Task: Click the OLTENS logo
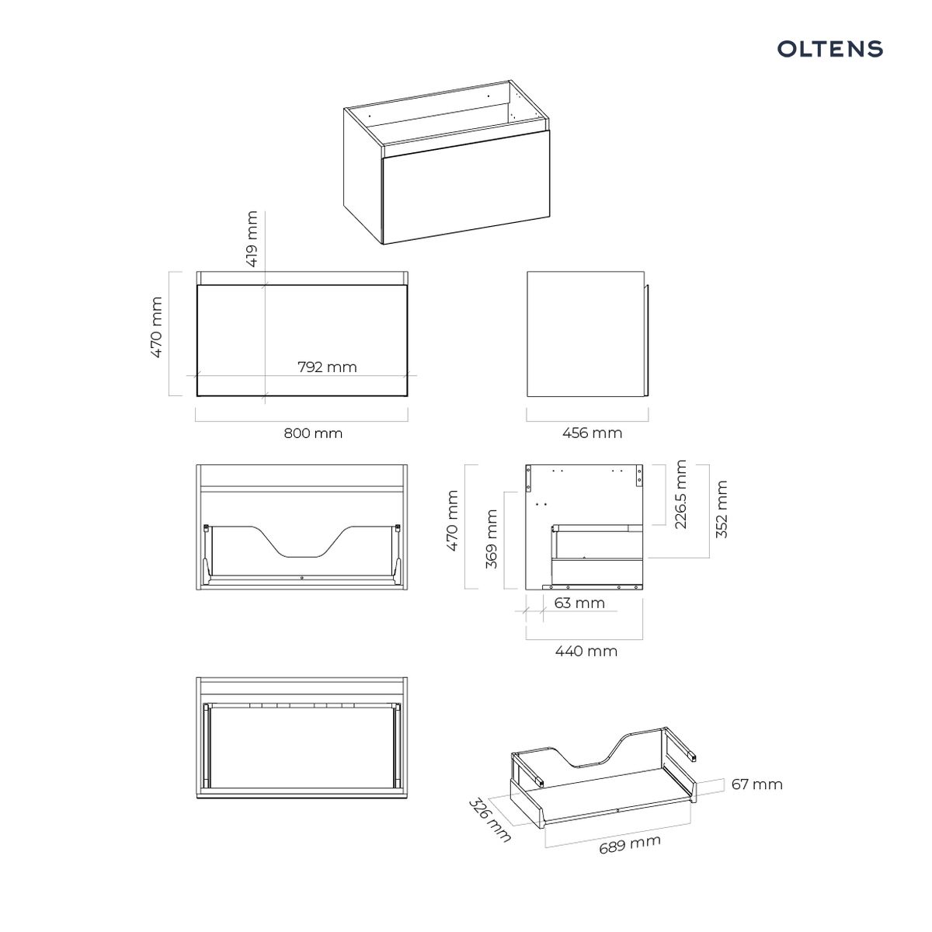pos(829,49)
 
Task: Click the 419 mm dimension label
pos(252,238)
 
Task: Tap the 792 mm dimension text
pos(327,367)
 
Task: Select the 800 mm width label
pos(313,433)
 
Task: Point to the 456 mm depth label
pos(592,433)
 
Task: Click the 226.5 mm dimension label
pos(680,494)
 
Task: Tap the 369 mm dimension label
pos(491,539)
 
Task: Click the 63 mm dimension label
pos(579,603)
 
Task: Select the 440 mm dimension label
pos(586,652)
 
